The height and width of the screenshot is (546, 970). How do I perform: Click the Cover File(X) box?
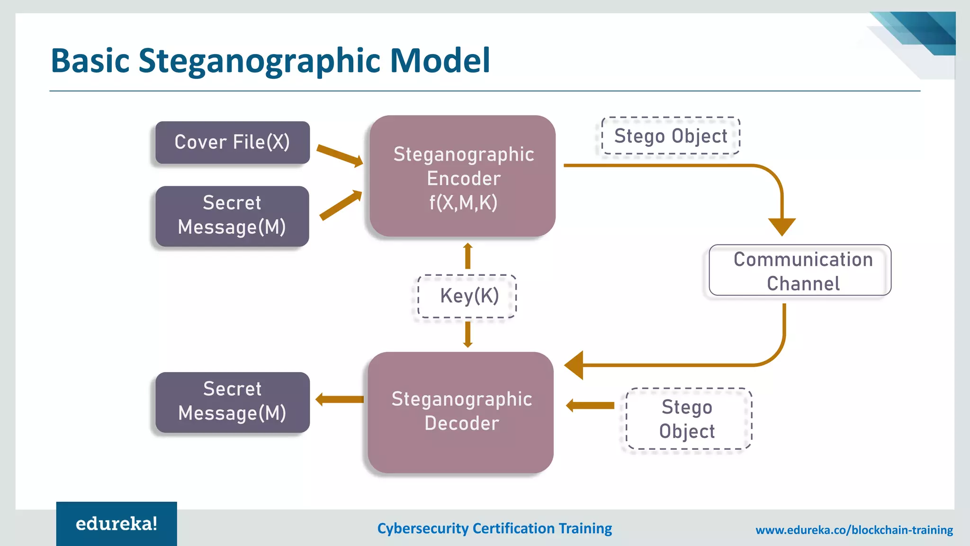(233, 143)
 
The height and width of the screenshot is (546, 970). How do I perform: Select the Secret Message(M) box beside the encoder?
(232, 216)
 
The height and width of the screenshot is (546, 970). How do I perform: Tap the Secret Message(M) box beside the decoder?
(232, 402)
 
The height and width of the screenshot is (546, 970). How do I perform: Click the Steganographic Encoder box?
(462, 176)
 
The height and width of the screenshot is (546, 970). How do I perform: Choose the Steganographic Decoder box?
(461, 411)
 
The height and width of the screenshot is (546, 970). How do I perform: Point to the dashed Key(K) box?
(467, 296)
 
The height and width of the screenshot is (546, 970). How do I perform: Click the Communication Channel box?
(800, 271)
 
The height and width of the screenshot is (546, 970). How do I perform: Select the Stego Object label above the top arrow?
(670, 136)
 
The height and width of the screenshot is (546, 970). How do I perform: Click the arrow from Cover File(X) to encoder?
(339, 155)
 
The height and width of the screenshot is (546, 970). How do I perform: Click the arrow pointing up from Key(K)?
(468, 256)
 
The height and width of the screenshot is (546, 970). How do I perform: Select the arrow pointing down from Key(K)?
(468, 335)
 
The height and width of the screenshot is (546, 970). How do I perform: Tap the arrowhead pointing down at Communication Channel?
(781, 226)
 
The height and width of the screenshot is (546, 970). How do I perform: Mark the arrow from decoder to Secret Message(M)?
(339, 400)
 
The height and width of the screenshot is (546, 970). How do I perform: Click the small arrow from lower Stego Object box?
(590, 405)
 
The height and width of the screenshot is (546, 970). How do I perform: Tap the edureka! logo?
(117, 524)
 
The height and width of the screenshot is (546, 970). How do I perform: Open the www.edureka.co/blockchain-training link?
(854, 530)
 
